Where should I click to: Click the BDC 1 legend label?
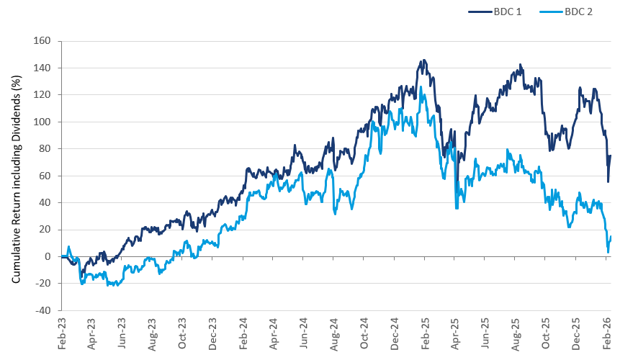[x=509, y=12]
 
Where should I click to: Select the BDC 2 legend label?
[x=578, y=12]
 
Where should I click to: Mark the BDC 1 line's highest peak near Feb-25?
[x=423, y=60]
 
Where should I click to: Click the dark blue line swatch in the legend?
[x=480, y=12]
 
